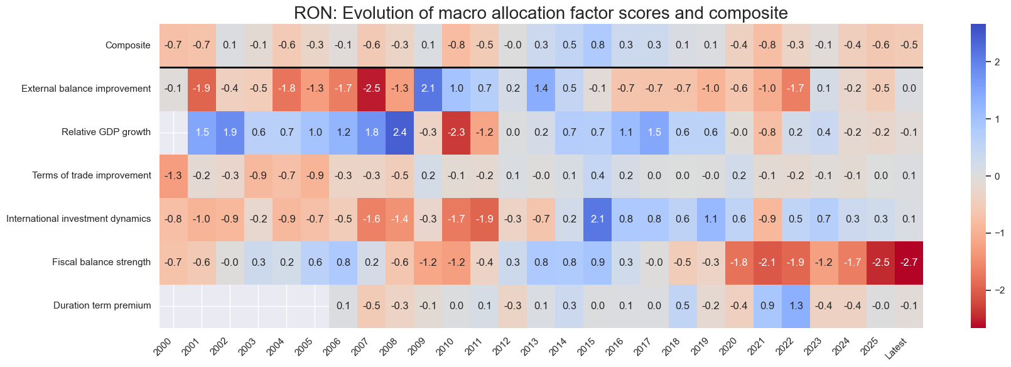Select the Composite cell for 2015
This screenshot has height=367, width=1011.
point(598,45)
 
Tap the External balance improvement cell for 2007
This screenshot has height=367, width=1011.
point(372,89)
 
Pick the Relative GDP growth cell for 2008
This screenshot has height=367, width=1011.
point(400,132)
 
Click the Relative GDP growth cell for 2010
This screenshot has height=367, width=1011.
point(457,132)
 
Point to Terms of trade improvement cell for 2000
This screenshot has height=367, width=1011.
point(173,175)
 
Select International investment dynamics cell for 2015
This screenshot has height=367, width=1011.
point(598,219)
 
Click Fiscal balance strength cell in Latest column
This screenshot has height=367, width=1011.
point(909,262)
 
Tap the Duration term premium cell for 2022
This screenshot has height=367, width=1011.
point(796,305)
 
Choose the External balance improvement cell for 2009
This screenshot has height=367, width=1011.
point(428,89)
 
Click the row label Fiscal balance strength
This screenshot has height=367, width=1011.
point(101,262)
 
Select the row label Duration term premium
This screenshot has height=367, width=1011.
point(102,305)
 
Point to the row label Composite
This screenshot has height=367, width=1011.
point(128,45)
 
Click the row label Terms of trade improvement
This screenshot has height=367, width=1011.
point(92,175)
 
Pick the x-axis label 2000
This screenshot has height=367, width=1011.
point(163,347)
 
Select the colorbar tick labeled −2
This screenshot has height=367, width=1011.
point(995,290)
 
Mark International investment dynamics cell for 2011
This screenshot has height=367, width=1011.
point(485,219)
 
